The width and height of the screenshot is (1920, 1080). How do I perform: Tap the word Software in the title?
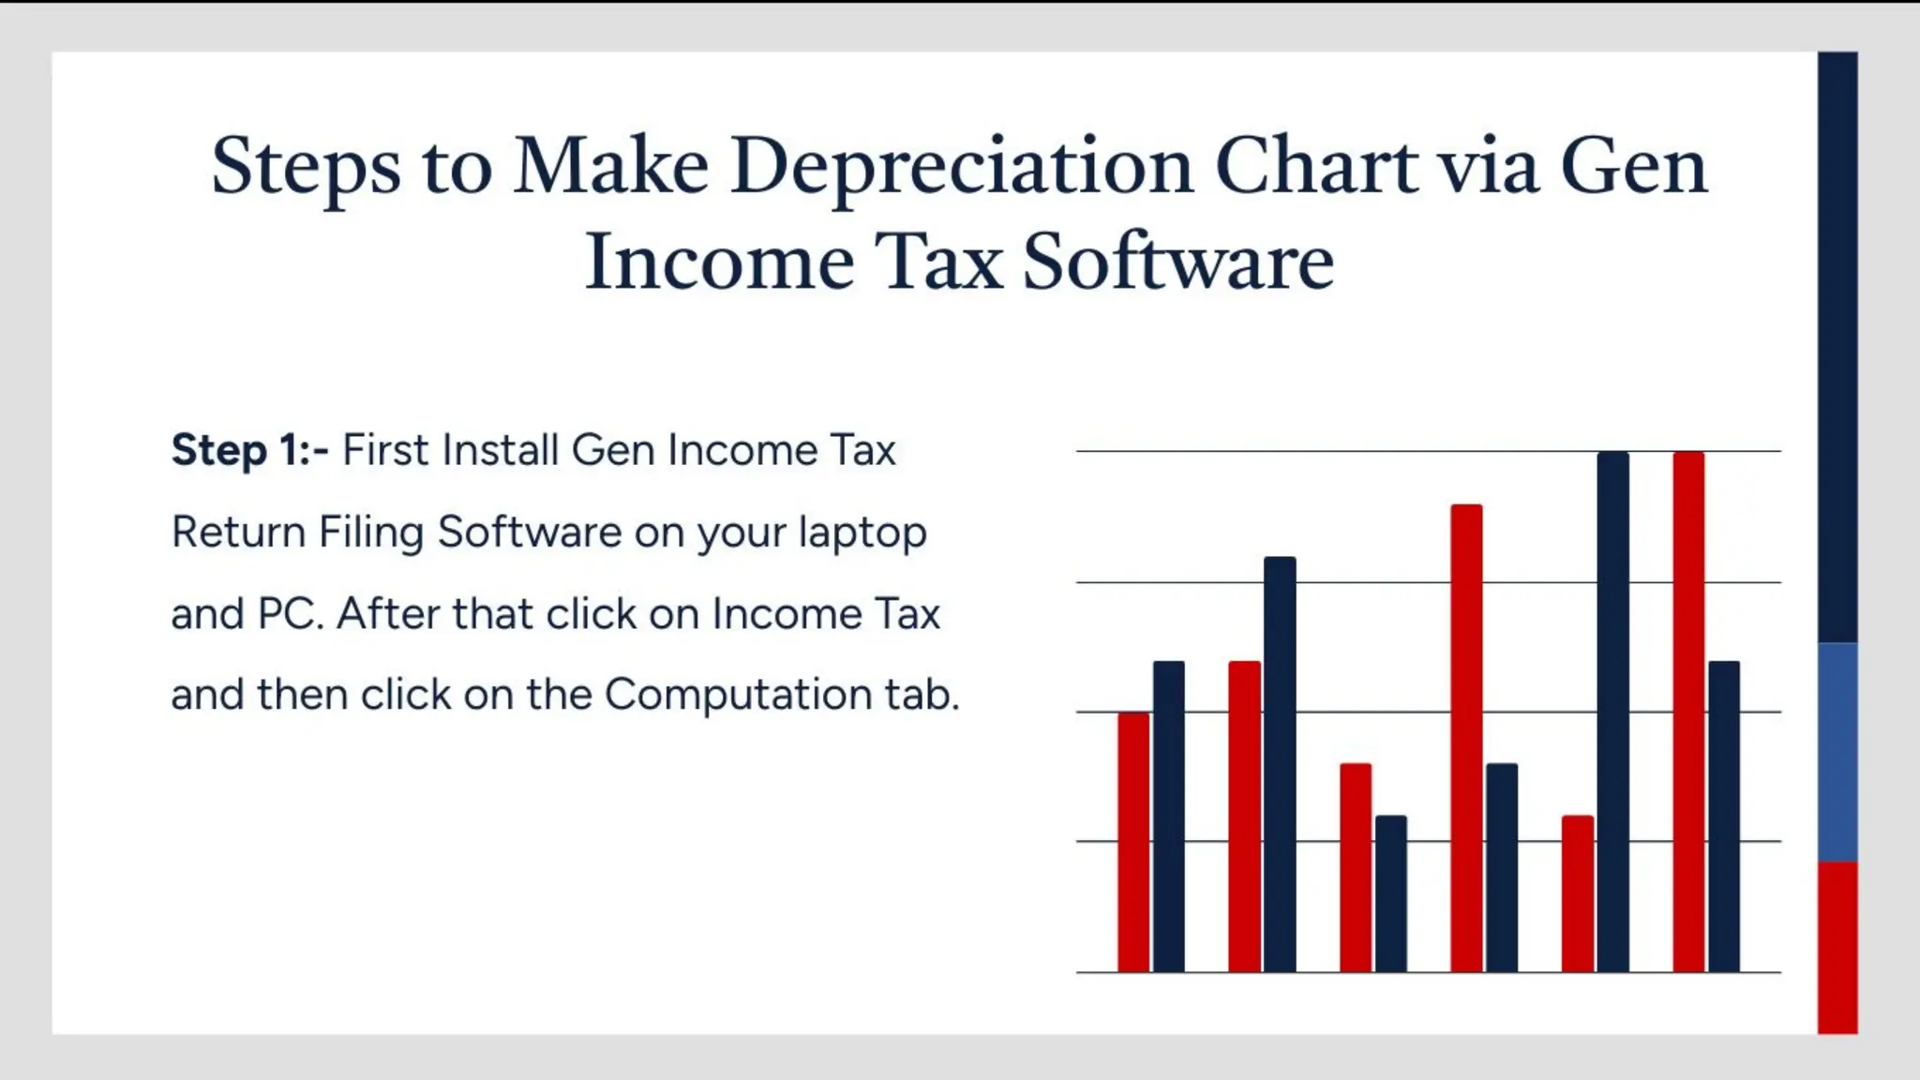tap(1177, 262)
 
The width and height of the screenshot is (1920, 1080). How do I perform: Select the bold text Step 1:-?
tap(249, 451)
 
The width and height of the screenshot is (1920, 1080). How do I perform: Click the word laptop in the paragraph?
tap(862, 532)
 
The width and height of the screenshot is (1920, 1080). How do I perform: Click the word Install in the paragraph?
tap(501, 451)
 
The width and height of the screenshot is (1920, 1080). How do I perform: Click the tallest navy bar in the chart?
tap(1612, 712)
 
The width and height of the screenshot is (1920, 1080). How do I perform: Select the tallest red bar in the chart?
tap(1688, 712)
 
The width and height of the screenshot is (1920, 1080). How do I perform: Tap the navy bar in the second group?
tap(1280, 764)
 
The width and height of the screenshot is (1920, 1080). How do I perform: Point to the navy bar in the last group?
tap(1723, 816)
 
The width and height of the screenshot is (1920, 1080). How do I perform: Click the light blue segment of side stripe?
tap(1837, 752)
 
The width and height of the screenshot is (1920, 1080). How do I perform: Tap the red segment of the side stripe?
tap(1837, 947)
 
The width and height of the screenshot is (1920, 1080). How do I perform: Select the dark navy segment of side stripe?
tap(1837, 347)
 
